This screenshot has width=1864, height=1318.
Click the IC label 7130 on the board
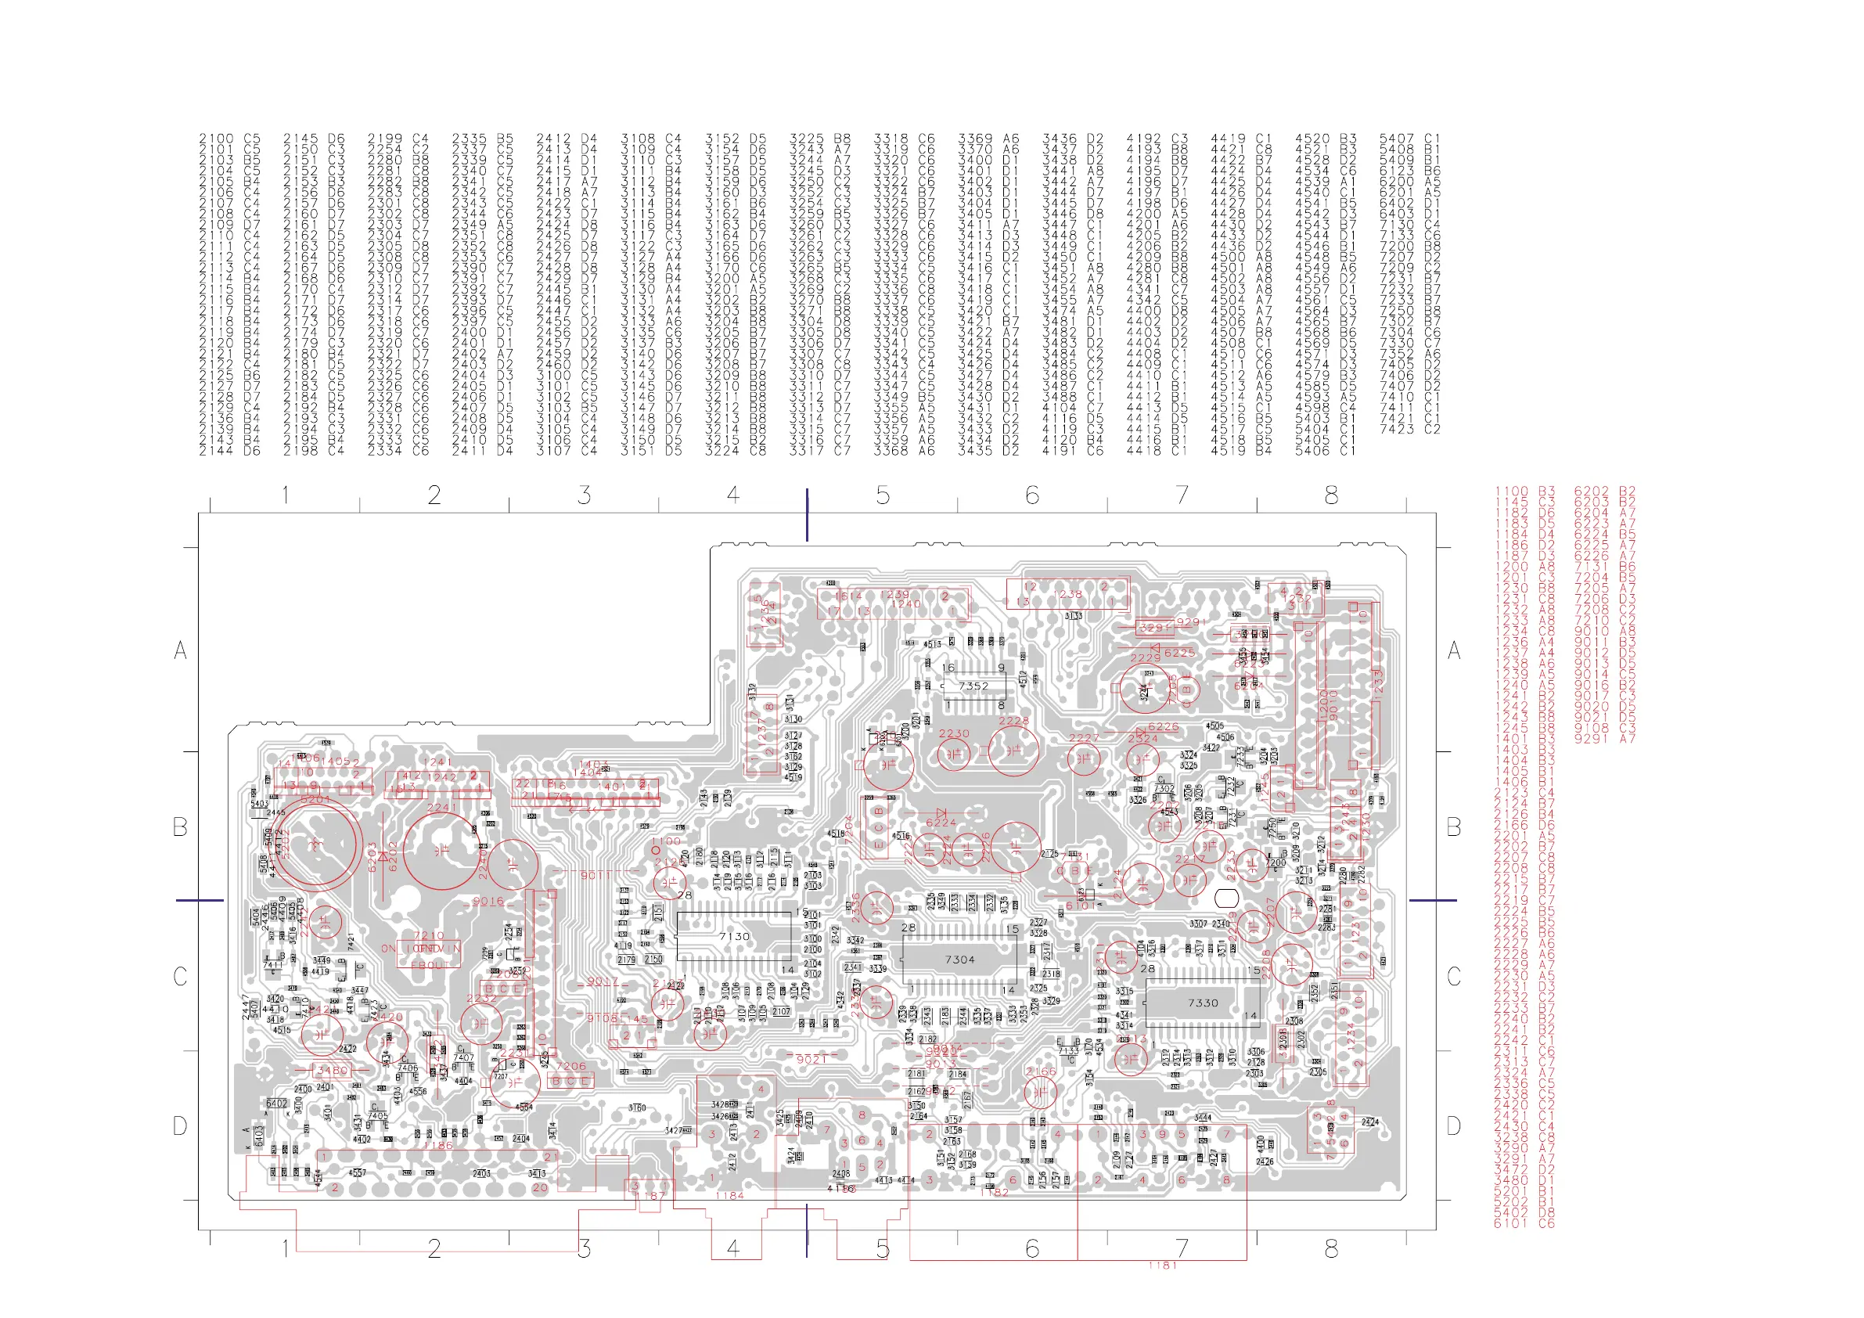click(x=734, y=936)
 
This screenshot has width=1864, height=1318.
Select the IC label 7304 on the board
click(x=959, y=959)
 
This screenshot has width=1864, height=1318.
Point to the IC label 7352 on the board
click(x=973, y=686)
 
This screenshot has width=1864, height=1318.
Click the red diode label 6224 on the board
click(x=941, y=823)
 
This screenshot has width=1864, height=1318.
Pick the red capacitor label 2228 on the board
click(x=1013, y=720)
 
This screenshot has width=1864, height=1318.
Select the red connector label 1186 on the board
click(x=437, y=1146)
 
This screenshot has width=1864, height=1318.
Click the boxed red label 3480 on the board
click(x=333, y=1071)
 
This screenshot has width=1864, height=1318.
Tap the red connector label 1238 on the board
click(x=1067, y=593)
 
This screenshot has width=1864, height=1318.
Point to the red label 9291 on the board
click(x=1191, y=622)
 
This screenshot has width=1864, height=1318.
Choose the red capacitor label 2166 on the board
click(x=1041, y=1071)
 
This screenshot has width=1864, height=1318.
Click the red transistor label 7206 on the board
click(x=570, y=1066)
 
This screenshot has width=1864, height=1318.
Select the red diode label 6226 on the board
click(x=1164, y=727)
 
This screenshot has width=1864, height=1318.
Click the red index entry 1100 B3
click(x=1524, y=492)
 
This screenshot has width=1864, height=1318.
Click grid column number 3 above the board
click(x=584, y=495)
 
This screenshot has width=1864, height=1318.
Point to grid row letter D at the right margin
click(x=1453, y=1125)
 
